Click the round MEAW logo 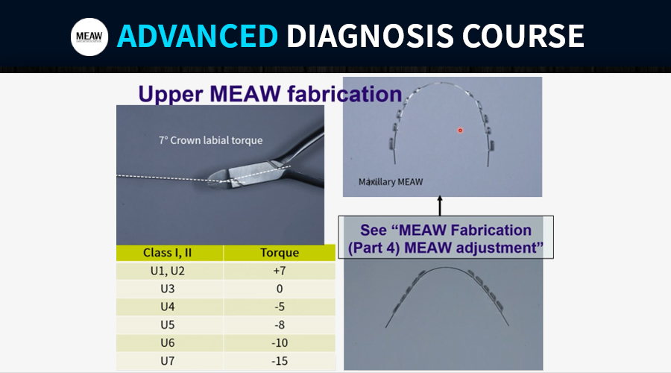[x=89, y=37]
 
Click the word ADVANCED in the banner [x=198, y=36]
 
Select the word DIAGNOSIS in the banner [x=370, y=36]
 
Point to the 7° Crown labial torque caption [x=210, y=140]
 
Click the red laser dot [x=460, y=131]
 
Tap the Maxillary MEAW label [x=391, y=182]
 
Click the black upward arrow [x=439, y=206]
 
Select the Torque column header [x=280, y=253]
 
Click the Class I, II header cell [x=167, y=253]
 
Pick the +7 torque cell [x=280, y=271]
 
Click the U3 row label [x=167, y=289]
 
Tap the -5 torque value [x=280, y=307]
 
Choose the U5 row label [x=167, y=325]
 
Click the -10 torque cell [x=280, y=342]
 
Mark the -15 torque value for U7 [x=280, y=361]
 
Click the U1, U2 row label [x=167, y=271]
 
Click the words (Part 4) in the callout [x=374, y=248]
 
